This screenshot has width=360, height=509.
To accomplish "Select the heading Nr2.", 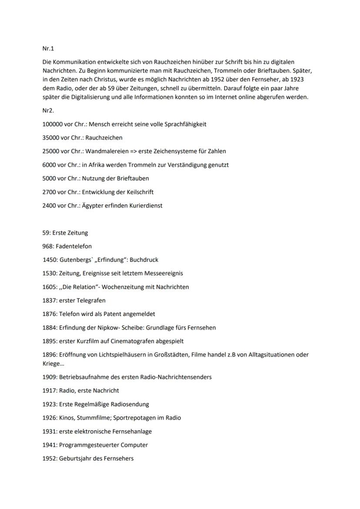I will click(x=48, y=111).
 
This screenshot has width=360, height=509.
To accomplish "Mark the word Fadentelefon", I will click(x=73, y=246).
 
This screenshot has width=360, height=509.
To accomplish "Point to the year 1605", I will click(x=50, y=287).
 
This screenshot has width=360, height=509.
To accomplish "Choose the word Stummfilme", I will click(x=94, y=418).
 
